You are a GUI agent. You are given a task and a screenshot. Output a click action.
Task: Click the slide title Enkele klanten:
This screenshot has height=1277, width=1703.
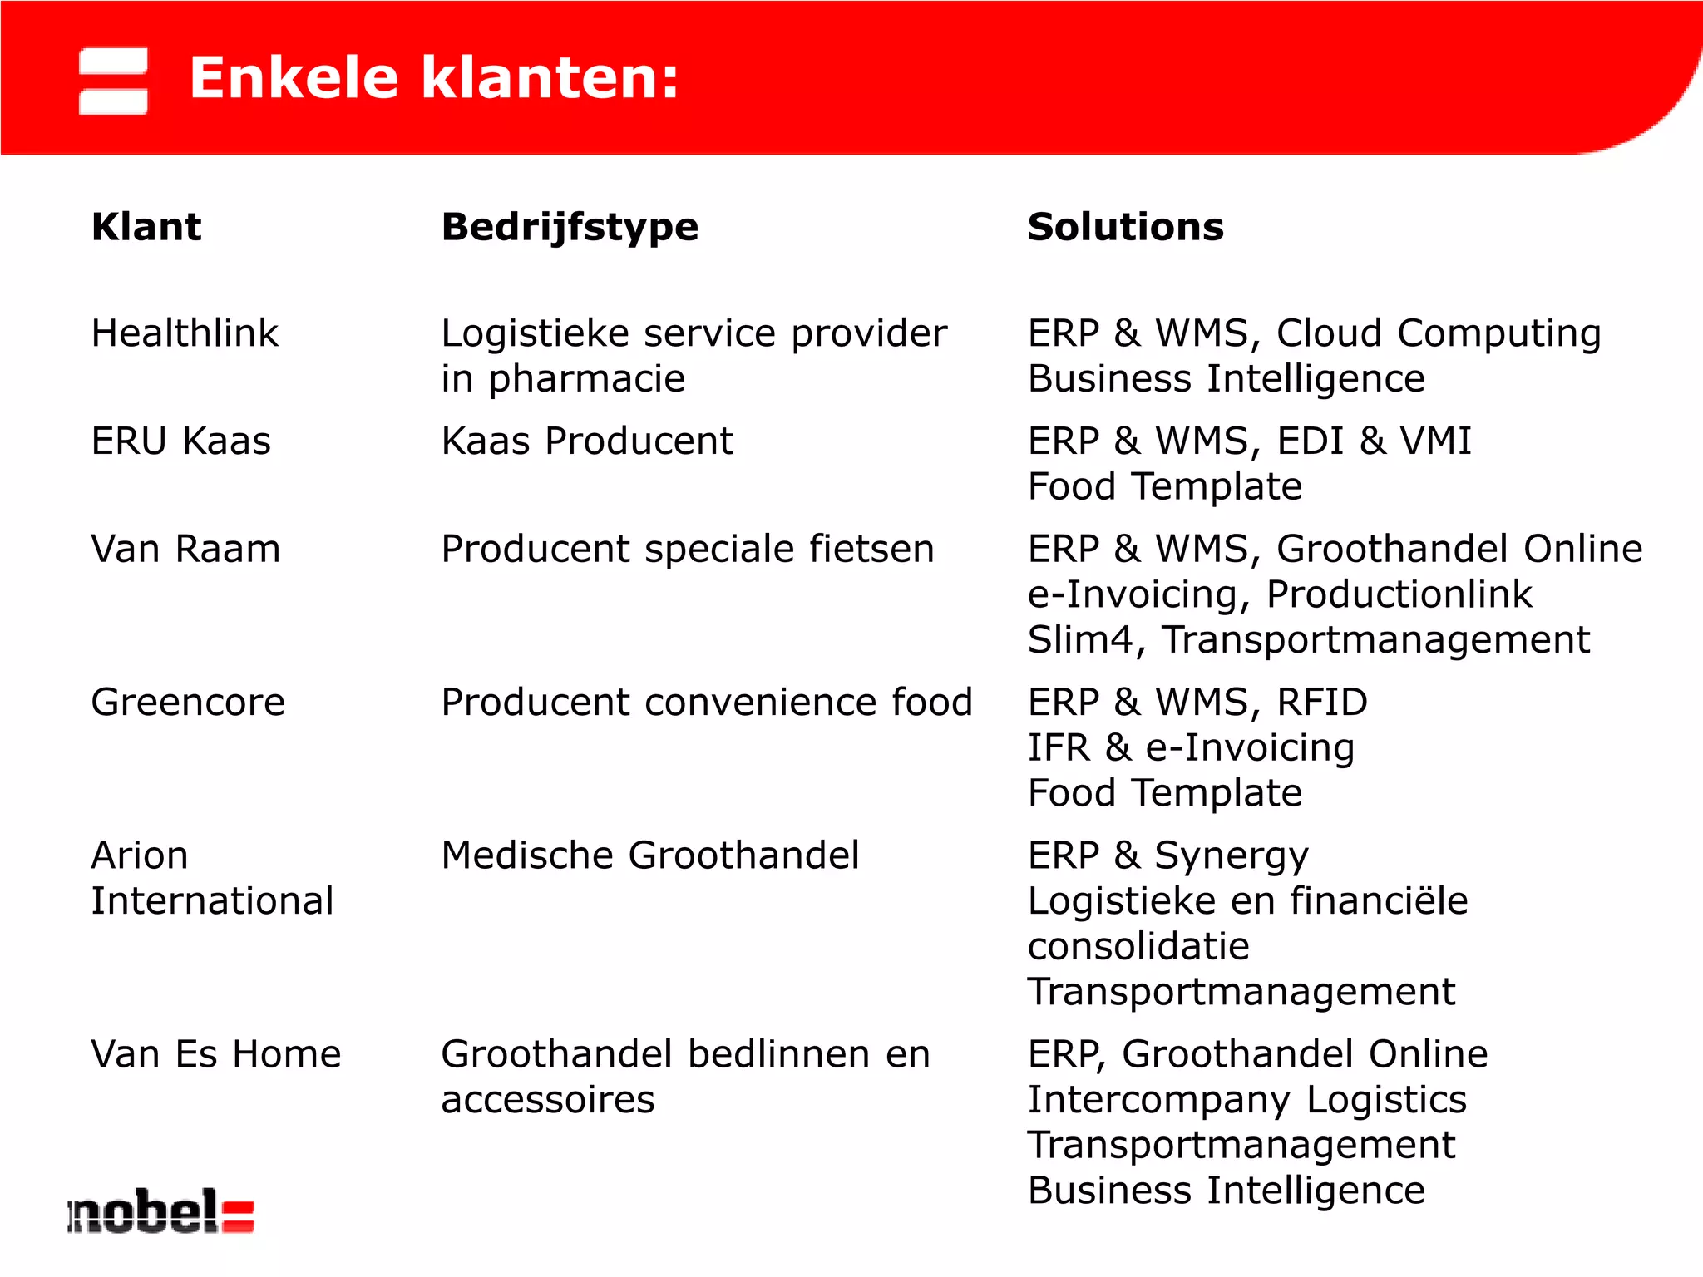(x=434, y=78)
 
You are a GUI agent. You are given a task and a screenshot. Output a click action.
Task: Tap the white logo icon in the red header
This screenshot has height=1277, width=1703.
(x=113, y=81)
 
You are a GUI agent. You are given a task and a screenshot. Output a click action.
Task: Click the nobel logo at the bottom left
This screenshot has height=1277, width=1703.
(x=160, y=1212)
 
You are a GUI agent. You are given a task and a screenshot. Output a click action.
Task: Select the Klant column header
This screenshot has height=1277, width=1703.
(x=146, y=227)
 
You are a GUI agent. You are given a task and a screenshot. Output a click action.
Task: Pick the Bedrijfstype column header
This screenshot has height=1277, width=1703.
(x=570, y=227)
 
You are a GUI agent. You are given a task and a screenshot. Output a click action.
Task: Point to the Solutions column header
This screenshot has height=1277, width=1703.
(x=1125, y=227)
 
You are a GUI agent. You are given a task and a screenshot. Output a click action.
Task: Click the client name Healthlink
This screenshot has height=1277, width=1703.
(x=185, y=333)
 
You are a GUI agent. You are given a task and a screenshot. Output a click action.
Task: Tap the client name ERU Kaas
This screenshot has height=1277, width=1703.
(x=180, y=441)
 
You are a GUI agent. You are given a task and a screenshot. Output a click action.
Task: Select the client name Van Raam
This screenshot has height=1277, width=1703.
(x=185, y=549)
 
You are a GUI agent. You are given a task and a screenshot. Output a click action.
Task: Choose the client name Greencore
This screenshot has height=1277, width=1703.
(x=188, y=703)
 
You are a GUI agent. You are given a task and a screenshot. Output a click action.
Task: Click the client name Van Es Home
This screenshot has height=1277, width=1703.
(x=216, y=1054)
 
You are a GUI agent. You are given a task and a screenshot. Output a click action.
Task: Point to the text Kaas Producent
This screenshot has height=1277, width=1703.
(x=587, y=441)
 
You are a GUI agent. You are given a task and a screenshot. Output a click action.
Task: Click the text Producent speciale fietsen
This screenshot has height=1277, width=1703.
(x=688, y=549)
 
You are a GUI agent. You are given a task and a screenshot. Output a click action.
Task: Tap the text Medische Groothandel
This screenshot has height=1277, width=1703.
(x=650, y=855)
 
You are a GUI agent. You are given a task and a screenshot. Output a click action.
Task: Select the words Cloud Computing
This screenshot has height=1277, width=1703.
(x=1439, y=333)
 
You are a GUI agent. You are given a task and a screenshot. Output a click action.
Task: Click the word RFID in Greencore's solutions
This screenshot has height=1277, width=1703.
(x=1322, y=703)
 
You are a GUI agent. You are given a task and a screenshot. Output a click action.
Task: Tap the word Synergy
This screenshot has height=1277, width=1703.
(x=1232, y=856)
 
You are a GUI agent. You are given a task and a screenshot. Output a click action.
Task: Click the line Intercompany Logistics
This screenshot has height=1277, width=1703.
(x=1247, y=1100)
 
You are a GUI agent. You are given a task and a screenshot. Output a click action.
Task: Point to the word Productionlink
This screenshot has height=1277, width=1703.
(x=1399, y=594)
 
